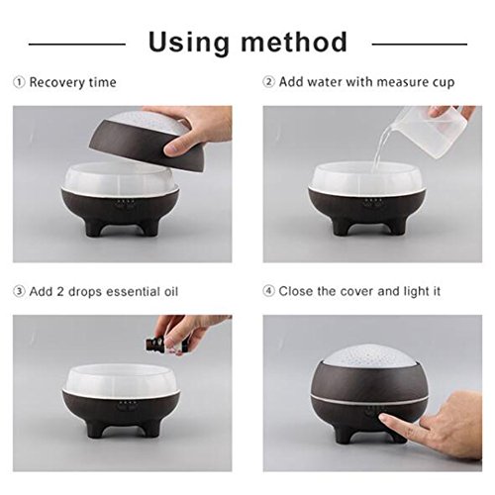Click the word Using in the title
188,43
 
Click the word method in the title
294,42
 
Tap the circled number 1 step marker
19,82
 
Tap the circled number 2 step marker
269,81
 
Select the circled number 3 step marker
19,291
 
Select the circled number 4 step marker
269,291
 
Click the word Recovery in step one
54,82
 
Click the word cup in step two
444,83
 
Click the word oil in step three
171,291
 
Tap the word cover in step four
357,292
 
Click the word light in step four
415,292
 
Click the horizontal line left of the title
77,44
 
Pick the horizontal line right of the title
420,44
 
